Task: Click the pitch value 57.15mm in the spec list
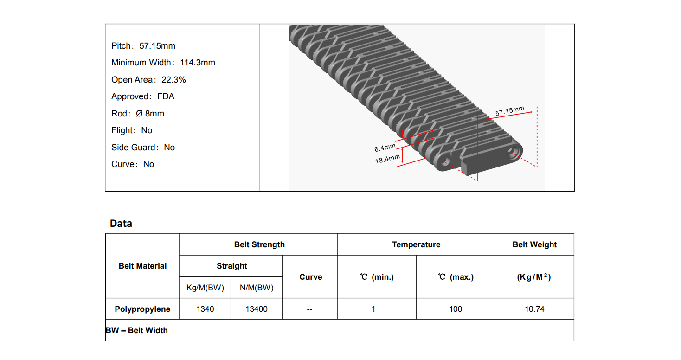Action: [x=157, y=46]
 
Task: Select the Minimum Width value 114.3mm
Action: [x=198, y=63]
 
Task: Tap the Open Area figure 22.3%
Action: [x=173, y=80]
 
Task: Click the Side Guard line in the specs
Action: [x=143, y=148]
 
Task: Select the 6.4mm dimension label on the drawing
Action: [x=385, y=148]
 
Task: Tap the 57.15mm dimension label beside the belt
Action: [x=509, y=112]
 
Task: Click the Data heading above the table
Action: [x=121, y=224]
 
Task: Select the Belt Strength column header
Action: [x=259, y=244]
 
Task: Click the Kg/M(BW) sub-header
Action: [x=205, y=288]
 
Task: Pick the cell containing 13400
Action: [x=257, y=309]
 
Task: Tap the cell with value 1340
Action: [x=205, y=309]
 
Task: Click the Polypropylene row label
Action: [x=142, y=309]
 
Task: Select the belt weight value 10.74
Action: [x=534, y=309]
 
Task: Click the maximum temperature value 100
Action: [x=456, y=309]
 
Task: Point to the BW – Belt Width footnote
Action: [x=137, y=330]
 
